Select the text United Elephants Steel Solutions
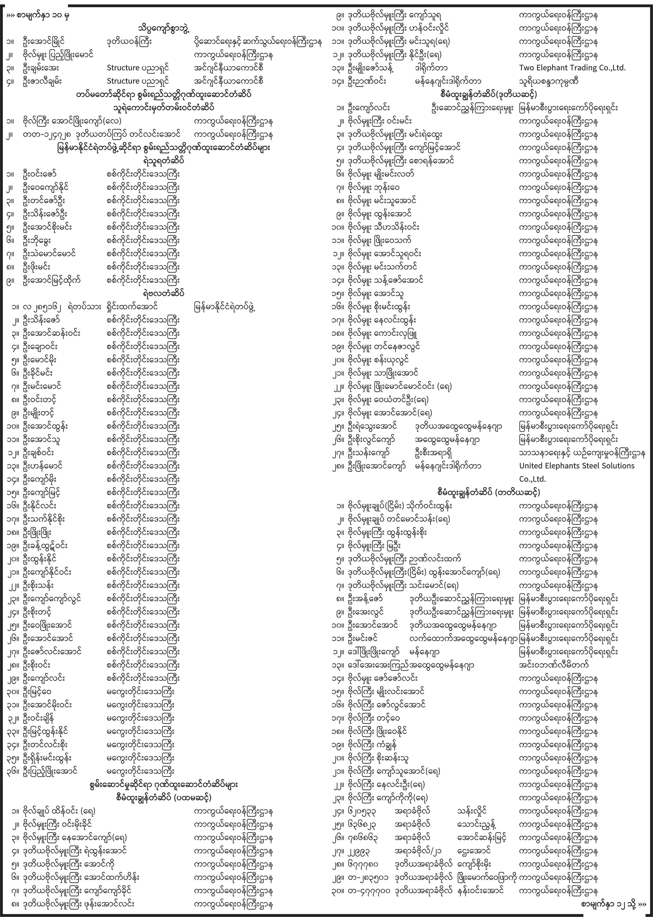(x=577, y=466)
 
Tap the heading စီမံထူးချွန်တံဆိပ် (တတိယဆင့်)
(x=489, y=492)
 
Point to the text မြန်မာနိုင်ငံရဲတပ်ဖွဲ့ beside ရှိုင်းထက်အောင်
(x=225, y=307)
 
